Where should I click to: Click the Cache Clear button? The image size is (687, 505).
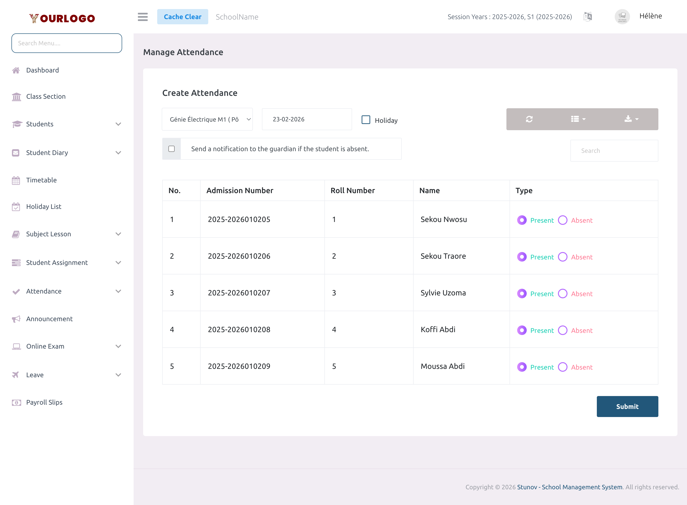(x=182, y=17)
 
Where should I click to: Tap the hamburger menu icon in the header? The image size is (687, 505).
(x=142, y=17)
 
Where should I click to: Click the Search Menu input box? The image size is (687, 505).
(x=67, y=43)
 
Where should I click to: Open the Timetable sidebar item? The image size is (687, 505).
(x=41, y=180)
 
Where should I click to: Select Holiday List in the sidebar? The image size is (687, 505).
(x=43, y=207)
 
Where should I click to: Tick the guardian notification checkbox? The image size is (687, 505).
(x=172, y=149)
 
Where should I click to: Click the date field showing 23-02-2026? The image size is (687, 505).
(x=307, y=119)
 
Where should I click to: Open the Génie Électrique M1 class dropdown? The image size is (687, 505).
(x=207, y=119)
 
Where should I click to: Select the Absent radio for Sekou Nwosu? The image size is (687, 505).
(x=562, y=220)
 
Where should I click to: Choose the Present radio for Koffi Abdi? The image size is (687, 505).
(x=522, y=330)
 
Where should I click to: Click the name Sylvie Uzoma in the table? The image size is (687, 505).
(x=443, y=293)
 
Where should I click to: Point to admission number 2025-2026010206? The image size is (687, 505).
(x=239, y=256)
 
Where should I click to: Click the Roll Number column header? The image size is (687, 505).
(x=353, y=191)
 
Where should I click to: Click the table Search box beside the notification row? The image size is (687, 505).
(x=614, y=151)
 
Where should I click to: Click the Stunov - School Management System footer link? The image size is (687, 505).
(x=570, y=487)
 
